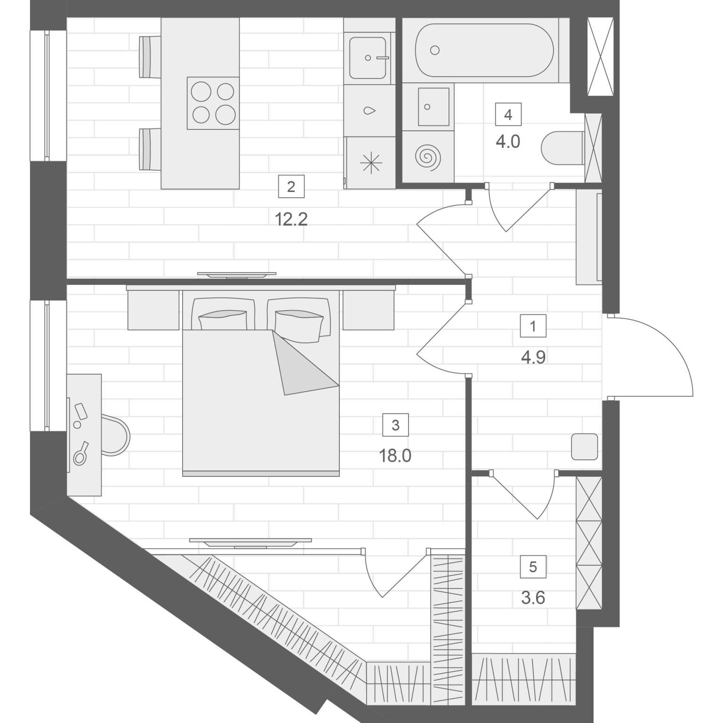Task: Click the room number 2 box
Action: [x=291, y=187]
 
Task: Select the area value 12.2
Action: [x=291, y=219]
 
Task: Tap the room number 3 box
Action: [x=395, y=425]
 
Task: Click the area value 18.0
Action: [x=395, y=456]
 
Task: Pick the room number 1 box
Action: [x=533, y=326]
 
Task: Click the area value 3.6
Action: [x=533, y=598]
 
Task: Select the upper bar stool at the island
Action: [x=150, y=56]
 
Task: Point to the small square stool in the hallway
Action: [x=585, y=447]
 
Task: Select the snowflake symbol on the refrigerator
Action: [x=371, y=163]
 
